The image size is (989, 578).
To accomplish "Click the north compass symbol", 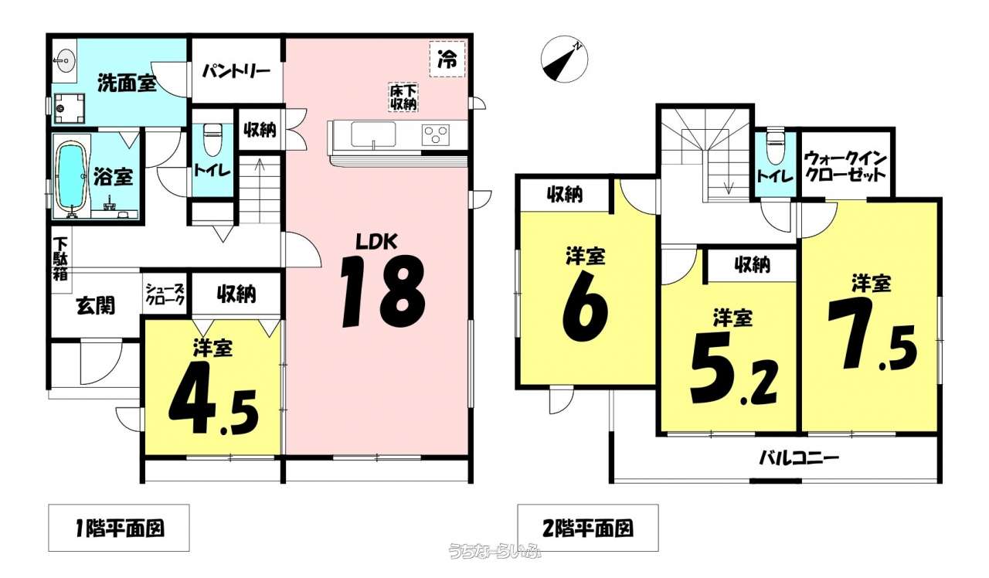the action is pyautogui.click(x=565, y=59).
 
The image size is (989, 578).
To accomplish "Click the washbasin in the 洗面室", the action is pyautogui.click(x=64, y=60).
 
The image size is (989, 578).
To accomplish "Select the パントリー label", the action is pyautogui.click(x=236, y=71).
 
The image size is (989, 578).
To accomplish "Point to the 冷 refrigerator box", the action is pyautogui.click(x=447, y=59).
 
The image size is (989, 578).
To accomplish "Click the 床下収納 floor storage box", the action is pyautogui.click(x=403, y=97).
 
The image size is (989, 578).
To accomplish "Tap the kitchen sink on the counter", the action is pyautogui.click(x=373, y=134).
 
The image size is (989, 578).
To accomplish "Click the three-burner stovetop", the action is pyautogui.click(x=436, y=134).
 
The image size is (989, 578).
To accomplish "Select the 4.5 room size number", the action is pyautogui.click(x=213, y=398).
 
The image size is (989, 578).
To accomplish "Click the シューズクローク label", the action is pyautogui.click(x=165, y=293).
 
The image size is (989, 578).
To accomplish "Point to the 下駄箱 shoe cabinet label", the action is pyautogui.click(x=61, y=259).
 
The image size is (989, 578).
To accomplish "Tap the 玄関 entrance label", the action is pyautogui.click(x=96, y=305).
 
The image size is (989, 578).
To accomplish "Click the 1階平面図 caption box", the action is pyautogui.click(x=119, y=528).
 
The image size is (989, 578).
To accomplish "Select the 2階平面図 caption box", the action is pyautogui.click(x=588, y=528).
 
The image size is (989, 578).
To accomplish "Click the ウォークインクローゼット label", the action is pyautogui.click(x=845, y=166).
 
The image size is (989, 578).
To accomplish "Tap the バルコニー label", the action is pyautogui.click(x=798, y=459).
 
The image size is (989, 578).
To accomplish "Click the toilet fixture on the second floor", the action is pyautogui.click(x=775, y=146).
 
